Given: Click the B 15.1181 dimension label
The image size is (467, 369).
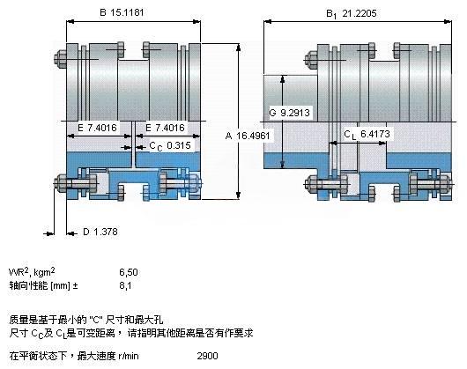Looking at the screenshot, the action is (122, 12).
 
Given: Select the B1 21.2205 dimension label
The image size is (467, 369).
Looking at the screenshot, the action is (352, 14).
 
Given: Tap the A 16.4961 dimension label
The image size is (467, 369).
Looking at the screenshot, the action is (248, 136).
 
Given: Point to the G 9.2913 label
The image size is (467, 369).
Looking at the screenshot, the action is (290, 113).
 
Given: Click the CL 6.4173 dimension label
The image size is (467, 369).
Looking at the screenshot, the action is (367, 135).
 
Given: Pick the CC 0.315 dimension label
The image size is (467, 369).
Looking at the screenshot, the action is (170, 146).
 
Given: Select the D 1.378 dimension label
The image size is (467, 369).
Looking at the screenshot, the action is (100, 232).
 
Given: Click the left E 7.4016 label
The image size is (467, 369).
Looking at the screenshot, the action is (98, 128).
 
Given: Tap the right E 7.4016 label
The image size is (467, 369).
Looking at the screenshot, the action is (165, 128).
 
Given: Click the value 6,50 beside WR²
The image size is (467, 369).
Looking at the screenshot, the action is (129, 272).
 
